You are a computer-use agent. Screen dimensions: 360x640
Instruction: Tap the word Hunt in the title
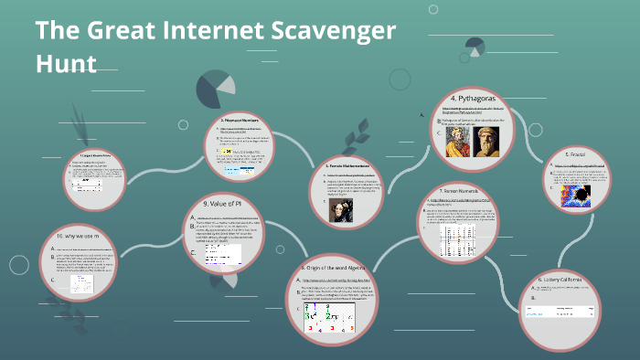66,64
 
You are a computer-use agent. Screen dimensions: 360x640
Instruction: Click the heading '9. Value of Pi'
222,203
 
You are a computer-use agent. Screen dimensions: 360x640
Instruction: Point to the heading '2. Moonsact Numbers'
242,120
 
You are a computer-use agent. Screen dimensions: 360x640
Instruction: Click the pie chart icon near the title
213,86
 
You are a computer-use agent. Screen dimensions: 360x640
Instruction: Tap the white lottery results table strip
559,310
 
